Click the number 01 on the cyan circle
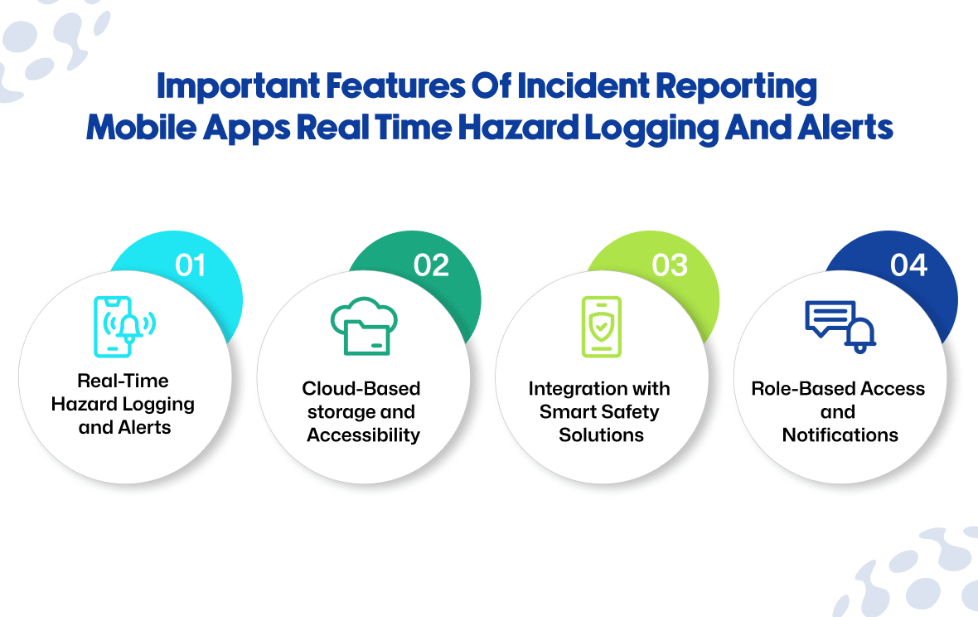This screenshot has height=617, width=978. [191, 265]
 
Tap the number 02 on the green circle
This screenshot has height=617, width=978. [431, 265]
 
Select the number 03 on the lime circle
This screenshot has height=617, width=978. [670, 265]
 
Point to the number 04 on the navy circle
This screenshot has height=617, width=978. [908, 265]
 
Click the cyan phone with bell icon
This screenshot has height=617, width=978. [124, 326]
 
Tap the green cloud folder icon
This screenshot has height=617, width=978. [364, 326]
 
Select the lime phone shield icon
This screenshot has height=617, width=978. [601, 326]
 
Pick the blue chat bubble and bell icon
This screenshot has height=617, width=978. [840, 326]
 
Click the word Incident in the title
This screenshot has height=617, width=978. [583, 86]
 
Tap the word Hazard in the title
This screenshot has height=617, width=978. [518, 128]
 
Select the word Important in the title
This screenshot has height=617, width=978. [238, 87]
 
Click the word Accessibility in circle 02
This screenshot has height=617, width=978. [364, 435]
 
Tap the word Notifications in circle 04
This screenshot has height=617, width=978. [840, 435]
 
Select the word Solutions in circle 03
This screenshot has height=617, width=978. [601, 435]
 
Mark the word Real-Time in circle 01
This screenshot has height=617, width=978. [123, 381]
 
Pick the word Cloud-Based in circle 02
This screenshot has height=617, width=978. [361, 388]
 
